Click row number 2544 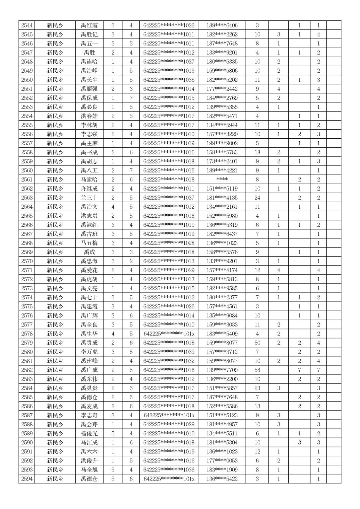click(27, 25)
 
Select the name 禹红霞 click(89, 25)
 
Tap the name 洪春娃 click(89, 116)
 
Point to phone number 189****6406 click(222, 25)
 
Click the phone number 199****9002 click(222, 143)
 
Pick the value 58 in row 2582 click(257, 370)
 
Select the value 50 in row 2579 click(257, 343)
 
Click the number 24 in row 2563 click(257, 198)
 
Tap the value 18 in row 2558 click(257, 152)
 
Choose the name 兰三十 click(89, 198)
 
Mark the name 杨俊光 click(89, 433)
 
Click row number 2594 click(27, 479)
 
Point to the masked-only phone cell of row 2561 click(222, 179)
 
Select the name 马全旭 click(89, 470)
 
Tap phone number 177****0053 click(222, 461)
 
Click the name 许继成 click(89, 189)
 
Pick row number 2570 click(27, 261)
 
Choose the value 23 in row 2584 click(257, 388)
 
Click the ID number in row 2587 click(169, 415)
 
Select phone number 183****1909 click(222, 470)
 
